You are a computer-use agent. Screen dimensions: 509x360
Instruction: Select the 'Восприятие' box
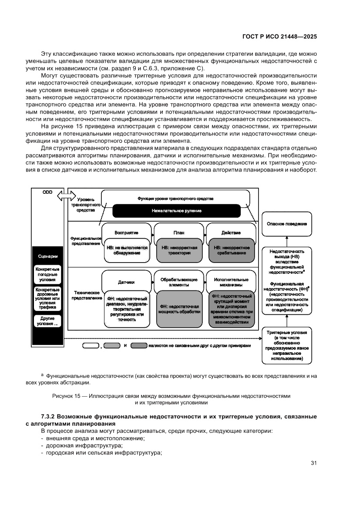click(x=126, y=233)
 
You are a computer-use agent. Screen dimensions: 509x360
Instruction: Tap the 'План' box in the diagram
click(x=178, y=233)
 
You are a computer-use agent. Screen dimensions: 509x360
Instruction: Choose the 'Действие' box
click(x=231, y=233)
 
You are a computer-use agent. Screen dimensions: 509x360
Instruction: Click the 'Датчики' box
click(x=126, y=282)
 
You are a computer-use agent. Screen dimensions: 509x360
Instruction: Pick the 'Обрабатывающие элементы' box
click(x=178, y=282)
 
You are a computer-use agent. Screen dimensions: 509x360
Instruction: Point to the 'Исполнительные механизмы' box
click(x=231, y=282)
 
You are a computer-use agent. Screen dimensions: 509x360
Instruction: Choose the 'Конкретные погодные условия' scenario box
click(x=47, y=275)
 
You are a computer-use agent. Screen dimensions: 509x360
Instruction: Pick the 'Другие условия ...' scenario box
click(x=47, y=321)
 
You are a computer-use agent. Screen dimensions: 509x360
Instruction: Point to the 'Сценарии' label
click(x=47, y=256)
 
